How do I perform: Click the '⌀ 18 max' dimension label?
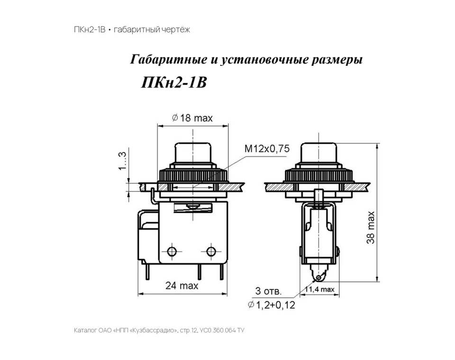192,118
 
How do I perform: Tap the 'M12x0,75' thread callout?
267,149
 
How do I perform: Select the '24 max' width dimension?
182,286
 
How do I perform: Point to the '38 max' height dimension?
371,227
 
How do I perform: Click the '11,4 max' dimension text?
319,289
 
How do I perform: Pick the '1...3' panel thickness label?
122,161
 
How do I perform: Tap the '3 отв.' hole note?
268,291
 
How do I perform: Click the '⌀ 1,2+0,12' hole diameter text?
272,305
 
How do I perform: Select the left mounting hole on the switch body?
172,251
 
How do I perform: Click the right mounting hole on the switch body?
211,251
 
